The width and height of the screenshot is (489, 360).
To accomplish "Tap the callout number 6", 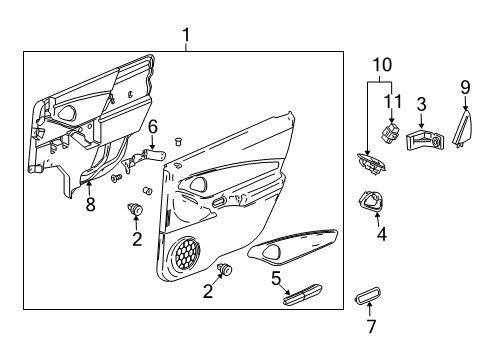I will tap(153, 127).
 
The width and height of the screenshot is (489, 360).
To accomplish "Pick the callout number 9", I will tap(465, 86).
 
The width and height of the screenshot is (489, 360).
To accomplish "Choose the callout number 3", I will tap(422, 103).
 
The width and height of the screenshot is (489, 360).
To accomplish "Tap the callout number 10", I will tap(377, 65).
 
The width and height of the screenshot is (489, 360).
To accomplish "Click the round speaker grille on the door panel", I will tap(186, 255).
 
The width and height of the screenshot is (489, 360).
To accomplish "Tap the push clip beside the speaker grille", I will tap(224, 268).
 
